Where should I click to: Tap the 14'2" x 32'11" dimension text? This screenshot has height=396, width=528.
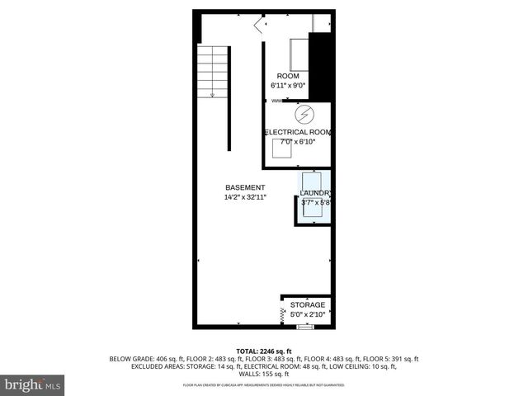(x=245, y=197)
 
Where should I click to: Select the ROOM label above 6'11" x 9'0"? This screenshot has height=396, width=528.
(x=287, y=77)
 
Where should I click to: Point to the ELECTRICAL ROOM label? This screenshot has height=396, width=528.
(x=297, y=132)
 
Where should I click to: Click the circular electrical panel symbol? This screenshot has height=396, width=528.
(x=301, y=113)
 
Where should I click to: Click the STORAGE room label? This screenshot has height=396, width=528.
(x=307, y=304)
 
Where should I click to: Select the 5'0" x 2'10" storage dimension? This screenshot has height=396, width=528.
(x=307, y=313)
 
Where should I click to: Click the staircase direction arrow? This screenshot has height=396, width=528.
(x=213, y=95)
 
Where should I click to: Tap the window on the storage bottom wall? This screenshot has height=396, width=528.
(x=306, y=328)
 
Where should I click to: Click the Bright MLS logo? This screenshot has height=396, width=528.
(x=33, y=384)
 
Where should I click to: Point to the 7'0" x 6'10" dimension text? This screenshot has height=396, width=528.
(x=297, y=142)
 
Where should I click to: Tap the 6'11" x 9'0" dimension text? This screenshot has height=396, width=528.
(x=287, y=86)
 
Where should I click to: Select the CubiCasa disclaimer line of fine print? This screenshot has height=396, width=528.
(x=263, y=385)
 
